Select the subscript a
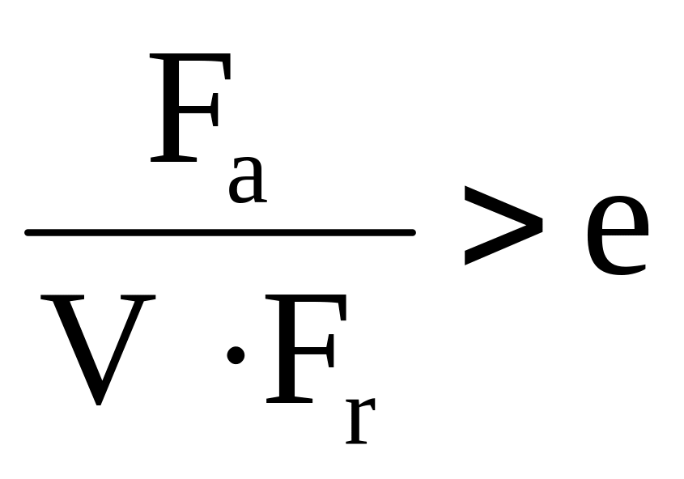248,180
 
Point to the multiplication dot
236,355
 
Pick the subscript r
360,421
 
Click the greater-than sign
503,225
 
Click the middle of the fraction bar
220,232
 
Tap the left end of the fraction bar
26,232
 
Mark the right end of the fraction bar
414,232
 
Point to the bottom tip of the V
99,405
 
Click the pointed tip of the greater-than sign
542,225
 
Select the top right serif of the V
138,297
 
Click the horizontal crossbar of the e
618,228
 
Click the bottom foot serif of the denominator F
289,400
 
